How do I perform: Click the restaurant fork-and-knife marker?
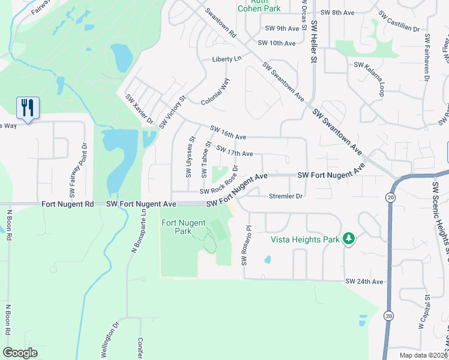pos(27,107)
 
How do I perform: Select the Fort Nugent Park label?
pos(183,227)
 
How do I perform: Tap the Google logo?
pos(20,353)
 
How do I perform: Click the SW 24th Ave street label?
pos(364,281)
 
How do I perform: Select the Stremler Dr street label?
pos(286,196)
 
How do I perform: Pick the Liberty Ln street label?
pos(226,59)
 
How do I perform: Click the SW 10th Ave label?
pos(277,43)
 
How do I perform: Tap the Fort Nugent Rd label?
pos(68,204)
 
